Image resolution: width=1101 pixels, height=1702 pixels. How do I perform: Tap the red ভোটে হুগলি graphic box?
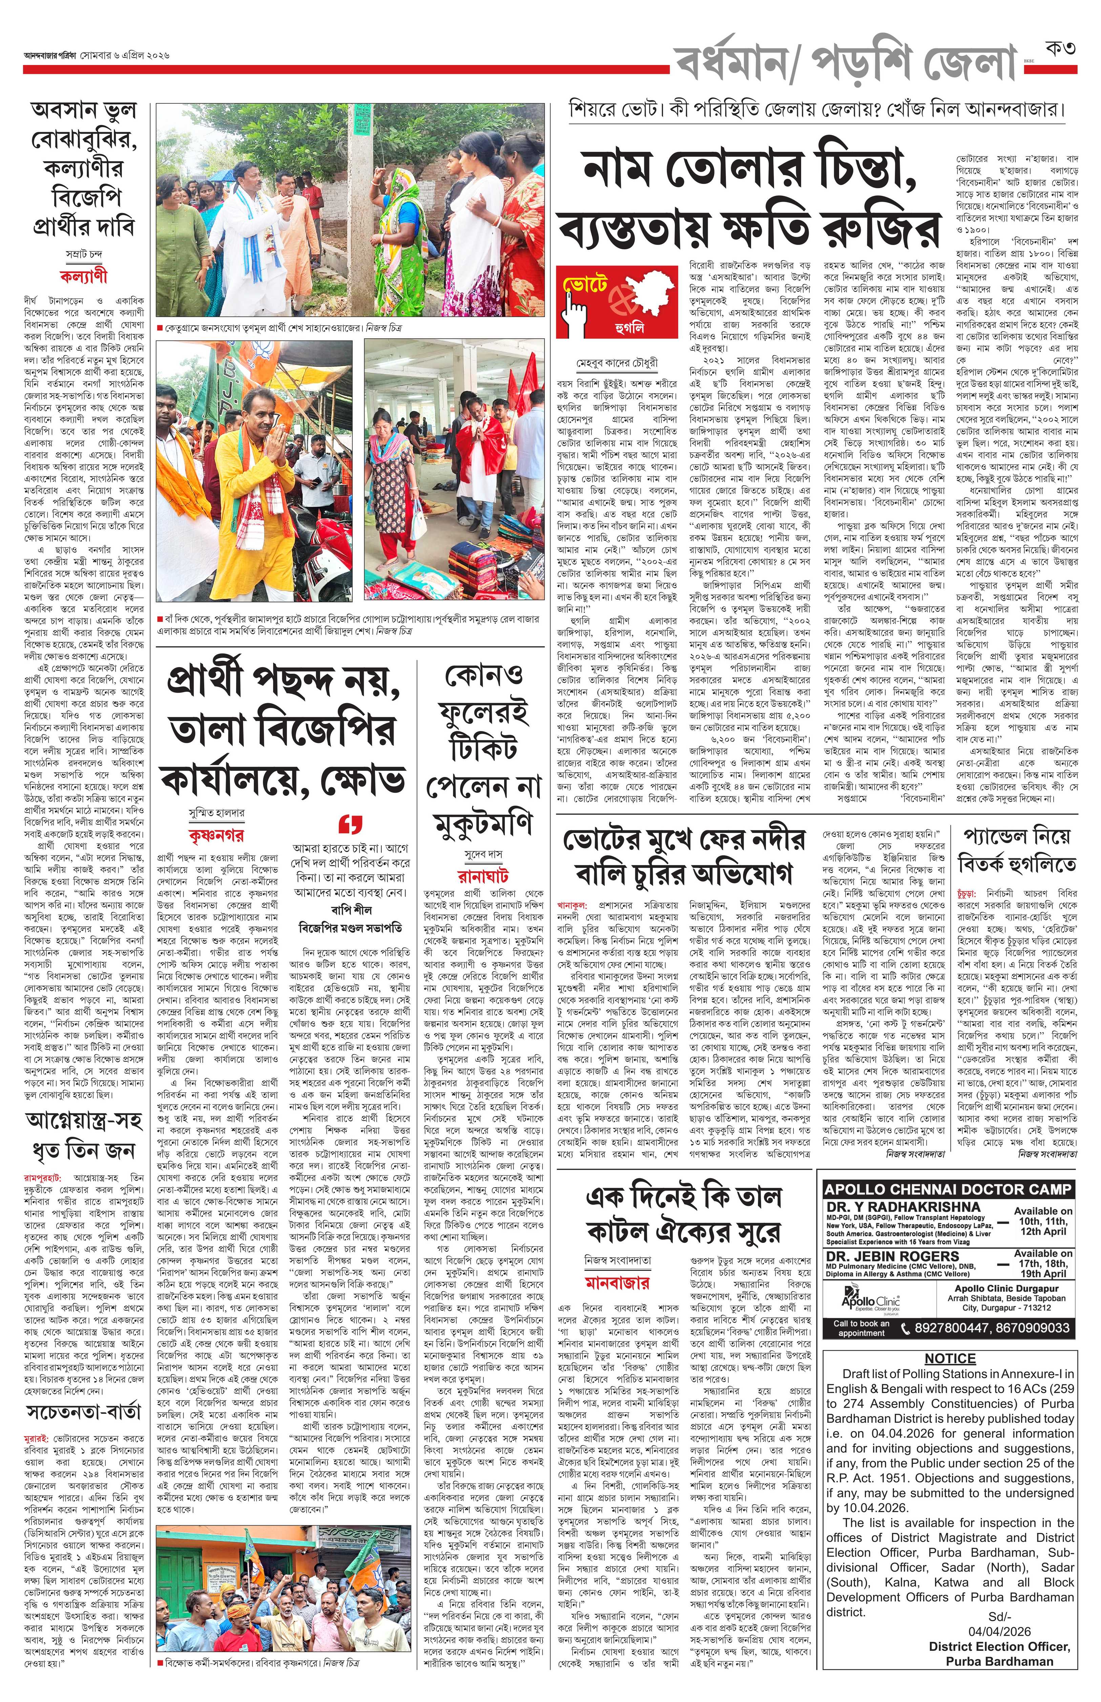tap(616, 302)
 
